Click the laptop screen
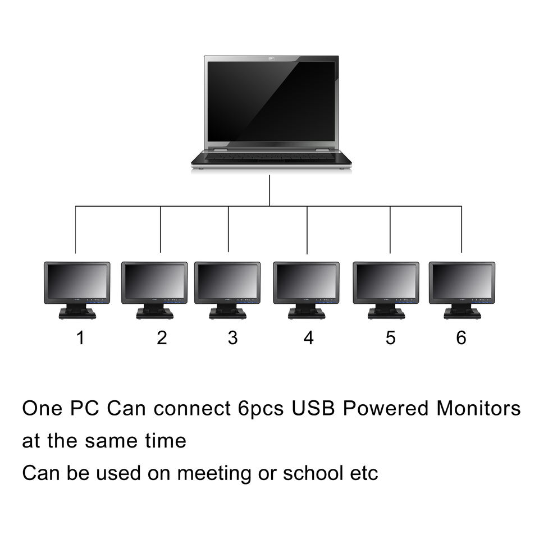point(271,101)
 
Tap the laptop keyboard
point(271,157)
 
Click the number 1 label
point(81,338)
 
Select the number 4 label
point(308,338)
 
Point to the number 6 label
point(461,338)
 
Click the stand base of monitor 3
point(227,314)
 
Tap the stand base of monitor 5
point(386,314)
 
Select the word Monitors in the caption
point(478,409)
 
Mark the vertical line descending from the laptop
point(269,191)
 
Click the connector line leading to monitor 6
point(462,230)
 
